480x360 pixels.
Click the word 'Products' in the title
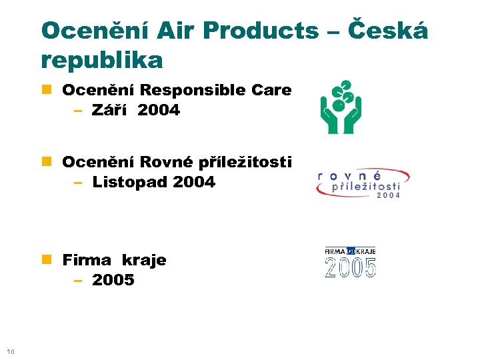click(x=261, y=31)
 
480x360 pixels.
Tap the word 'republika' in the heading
click(x=101, y=61)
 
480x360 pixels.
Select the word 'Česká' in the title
click(x=389, y=31)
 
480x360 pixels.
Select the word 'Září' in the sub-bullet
click(x=111, y=111)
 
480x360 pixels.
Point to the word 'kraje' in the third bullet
click(x=144, y=259)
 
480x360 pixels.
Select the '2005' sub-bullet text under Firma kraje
click(x=113, y=280)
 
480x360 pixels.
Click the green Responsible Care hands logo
click(x=340, y=107)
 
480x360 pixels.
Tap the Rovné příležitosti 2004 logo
click(x=362, y=183)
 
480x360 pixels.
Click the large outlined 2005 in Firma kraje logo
click(x=351, y=267)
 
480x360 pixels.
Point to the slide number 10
click(x=10, y=351)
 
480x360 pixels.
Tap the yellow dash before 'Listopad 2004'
click(x=78, y=182)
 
